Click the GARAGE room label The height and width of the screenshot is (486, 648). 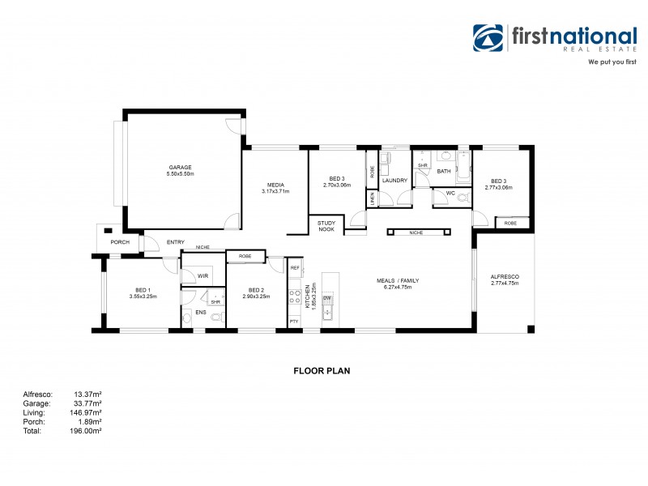180,168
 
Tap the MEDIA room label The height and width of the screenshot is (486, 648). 275,184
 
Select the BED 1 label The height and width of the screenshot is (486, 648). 143,290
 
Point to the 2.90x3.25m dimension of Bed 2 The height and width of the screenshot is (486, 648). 256,296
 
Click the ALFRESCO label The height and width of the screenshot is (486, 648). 504,277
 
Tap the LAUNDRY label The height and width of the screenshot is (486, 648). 394,181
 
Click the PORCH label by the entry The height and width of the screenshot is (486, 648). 120,242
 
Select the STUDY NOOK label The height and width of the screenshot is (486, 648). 326,226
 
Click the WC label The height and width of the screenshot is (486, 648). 450,193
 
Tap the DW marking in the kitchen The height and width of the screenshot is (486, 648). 327,299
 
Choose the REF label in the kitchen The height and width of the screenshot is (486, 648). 295,267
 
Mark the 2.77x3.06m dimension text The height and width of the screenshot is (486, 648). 497,187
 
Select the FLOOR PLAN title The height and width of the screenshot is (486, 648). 321,371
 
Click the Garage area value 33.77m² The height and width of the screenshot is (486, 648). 87,403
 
